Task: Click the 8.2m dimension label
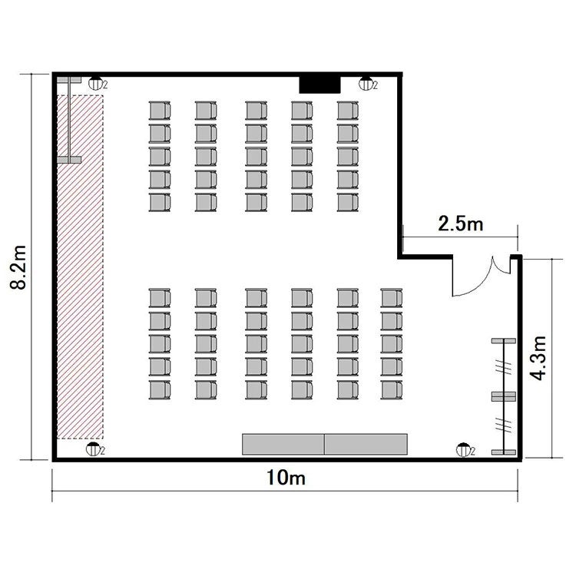click(x=18, y=267)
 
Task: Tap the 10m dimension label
click(x=286, y=478)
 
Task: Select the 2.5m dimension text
click(x=461, y=223)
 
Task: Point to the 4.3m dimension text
click(x=538, y=358)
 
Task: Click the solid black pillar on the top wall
click(x=319, y=84)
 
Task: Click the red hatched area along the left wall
click(x=80, y=266)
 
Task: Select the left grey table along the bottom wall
click(x=283, y=444)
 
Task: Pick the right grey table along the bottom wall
click(x=366, y=444)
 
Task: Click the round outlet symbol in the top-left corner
click(x=95, y=84)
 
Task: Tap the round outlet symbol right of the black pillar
click(x=366, y=84)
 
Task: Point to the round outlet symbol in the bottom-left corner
click(x=93, y=449)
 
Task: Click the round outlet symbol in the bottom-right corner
click(x=463, y=449)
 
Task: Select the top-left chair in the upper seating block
click(x=160, y=110)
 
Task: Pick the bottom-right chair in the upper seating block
click(x=347, y=203)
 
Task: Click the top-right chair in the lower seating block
click(x=392, y=297)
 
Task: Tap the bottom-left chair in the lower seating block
click(x=160, y=389)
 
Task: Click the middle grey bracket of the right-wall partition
click(x=504, y=396)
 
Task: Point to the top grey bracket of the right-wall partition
click(x=504, y=341)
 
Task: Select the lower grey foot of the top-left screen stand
click(x=68, y=160)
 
